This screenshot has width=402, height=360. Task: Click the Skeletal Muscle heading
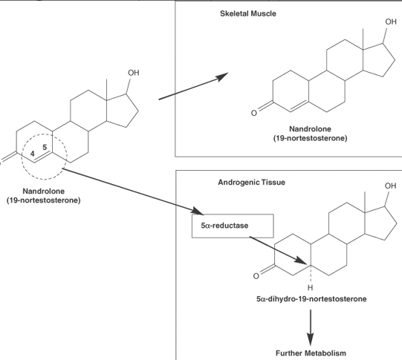point(248,13)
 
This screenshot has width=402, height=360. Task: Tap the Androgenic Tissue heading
point(251,183)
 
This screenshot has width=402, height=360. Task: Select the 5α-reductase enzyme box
point(233,226)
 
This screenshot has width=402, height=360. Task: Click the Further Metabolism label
point(311,353)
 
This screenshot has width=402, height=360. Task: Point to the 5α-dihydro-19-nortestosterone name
point(311,299)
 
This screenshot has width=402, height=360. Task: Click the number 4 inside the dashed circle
point(32,154)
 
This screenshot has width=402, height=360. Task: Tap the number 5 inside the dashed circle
point(45,147)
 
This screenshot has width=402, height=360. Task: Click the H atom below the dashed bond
point(310,288)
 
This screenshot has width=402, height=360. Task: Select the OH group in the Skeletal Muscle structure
point(391,22)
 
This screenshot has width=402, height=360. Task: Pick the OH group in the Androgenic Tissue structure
point(390,186)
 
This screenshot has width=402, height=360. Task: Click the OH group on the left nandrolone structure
point(133,73)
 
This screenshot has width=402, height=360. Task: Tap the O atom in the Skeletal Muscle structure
point(254,113)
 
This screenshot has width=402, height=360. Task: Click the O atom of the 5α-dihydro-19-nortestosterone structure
point(256,276)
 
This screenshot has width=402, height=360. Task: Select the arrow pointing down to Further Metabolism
point(311,328)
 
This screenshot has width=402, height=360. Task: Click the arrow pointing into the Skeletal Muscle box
point(193,86)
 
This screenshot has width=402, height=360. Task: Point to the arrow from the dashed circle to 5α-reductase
point(133,192)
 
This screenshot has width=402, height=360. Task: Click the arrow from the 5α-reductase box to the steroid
point(278,250)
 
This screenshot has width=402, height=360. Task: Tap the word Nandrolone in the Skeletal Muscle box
point(310,129)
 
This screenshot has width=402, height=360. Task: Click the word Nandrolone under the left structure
point(44,191)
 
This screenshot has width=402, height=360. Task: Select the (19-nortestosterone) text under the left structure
point(44,200)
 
